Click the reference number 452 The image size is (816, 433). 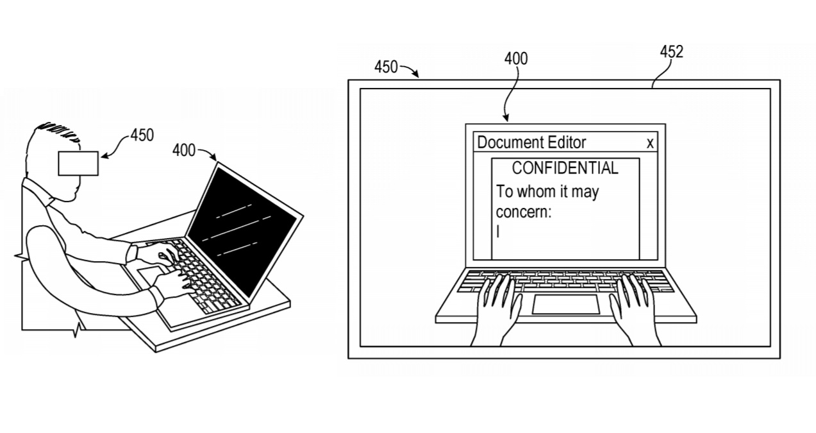click(672, 52)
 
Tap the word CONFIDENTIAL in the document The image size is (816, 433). click(565, 168)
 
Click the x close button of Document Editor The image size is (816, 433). click(650, 143)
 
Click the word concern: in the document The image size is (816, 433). click(524, 212)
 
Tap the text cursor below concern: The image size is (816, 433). click(498, 232)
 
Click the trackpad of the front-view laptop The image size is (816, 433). click(566, 304)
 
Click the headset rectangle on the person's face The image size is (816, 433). click(78, 164)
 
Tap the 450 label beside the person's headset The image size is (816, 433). click(142, 135)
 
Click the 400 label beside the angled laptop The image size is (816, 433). click(184, 150)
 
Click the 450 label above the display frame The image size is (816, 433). click(386, 67)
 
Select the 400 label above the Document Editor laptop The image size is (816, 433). click(516, 58)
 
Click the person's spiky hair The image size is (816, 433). click(58, 130)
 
